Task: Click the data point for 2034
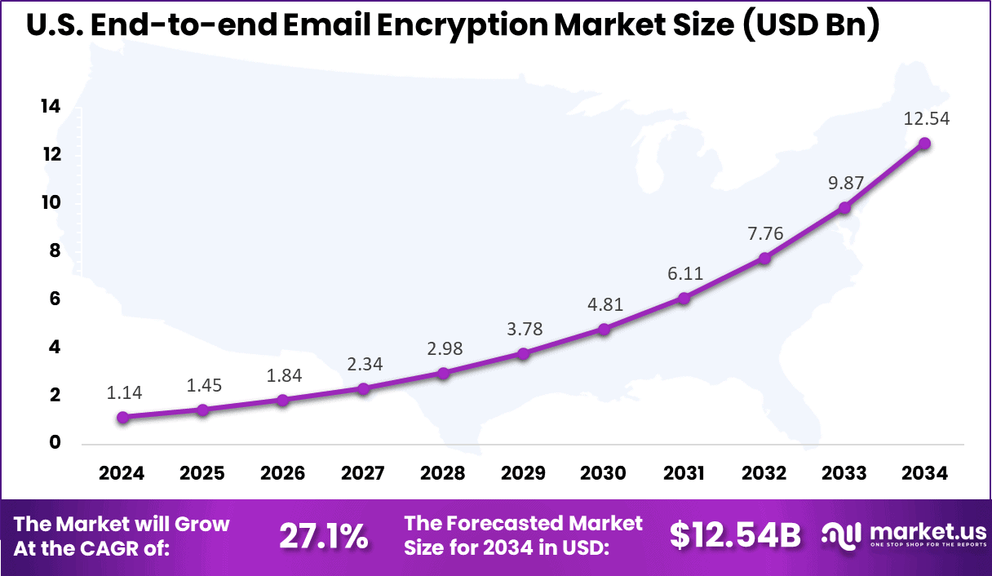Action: tap(924, 144)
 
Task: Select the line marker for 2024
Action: tap(122, 418)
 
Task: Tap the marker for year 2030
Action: tap(604, 330)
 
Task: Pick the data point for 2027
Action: tap(363, 388)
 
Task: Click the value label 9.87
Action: tap(845, 184)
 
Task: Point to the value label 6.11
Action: tap(684, 273)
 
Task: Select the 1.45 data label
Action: tap(203, 384)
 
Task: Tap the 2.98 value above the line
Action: tap(444, 348)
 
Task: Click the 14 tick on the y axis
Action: tap(50, 107)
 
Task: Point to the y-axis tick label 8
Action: tap(55, 251)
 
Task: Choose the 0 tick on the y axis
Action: tap(55, 443)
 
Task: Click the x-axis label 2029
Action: tap(523, 473)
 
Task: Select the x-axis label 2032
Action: tap(764, 473)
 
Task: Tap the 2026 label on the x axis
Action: tap(282, 473)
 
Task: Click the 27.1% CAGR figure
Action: tap(323, 536)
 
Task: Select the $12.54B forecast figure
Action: tap(734, 535)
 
